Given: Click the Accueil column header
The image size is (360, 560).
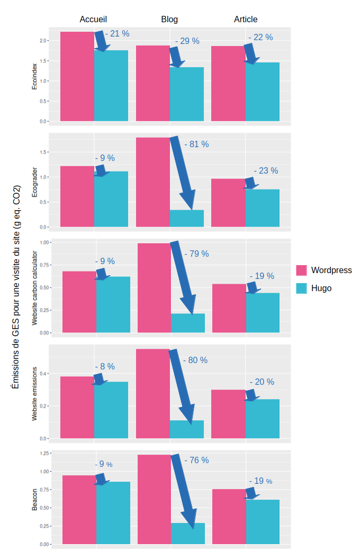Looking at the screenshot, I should click(x=93, y=19).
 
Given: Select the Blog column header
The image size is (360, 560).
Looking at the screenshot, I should click(x=169, y=19).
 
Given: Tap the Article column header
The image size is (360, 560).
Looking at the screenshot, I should click(x=246, y=19).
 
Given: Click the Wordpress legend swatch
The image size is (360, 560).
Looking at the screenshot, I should click(x=301, y=270).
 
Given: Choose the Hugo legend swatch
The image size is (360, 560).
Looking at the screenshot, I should click(x=301, y=288).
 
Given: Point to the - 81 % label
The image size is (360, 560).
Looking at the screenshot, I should click(x=196, y=144).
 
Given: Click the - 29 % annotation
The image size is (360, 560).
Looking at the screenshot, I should click(x=187, y=41).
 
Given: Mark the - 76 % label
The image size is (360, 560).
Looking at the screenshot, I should click(x=196, y=460).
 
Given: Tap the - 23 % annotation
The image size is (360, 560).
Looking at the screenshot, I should click(x=266, y=171).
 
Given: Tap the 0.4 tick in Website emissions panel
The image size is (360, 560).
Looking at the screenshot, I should click(x=43, y=374).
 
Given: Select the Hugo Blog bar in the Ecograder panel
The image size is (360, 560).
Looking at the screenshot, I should click(x=187, y=218).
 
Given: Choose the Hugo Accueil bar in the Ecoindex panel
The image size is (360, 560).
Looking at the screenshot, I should click(x=111, y=86).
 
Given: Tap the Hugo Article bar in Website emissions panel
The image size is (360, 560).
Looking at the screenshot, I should click(x=262, y=419).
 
